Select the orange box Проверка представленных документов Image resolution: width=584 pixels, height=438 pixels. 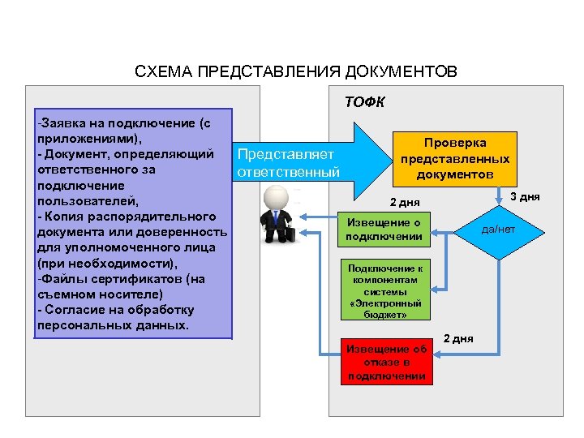pos(453,158)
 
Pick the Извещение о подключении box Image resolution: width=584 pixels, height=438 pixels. pos(383,230)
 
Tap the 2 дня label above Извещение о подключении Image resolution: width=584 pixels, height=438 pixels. pos(406,202)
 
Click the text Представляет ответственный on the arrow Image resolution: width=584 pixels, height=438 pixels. pos(286,163)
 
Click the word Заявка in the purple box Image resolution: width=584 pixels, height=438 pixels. pos(63,124)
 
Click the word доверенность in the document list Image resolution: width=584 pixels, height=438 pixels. pos(185,234)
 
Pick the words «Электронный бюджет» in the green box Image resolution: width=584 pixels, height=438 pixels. pos(385,308)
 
